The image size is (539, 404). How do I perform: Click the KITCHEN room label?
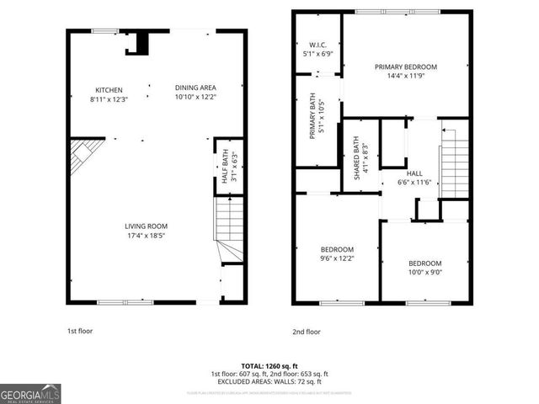[x=109, y=90]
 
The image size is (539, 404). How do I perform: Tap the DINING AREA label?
[x=195, y=88]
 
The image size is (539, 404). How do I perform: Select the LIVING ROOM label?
[x=146, y=226]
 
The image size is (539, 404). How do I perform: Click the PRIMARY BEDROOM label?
[x=406, y=66]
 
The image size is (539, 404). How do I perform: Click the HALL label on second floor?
[x=414, y=173]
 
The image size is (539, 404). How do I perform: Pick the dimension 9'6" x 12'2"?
[x=337, y=258]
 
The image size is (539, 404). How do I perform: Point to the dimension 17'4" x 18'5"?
[x=146, y=236]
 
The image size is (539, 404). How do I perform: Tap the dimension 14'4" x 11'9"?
[x=406, y=77]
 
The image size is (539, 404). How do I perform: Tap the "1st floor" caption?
[x=80, y=332]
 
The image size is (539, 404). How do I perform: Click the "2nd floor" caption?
[x=307, y=332]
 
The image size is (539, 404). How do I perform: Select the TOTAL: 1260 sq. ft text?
[x=269, y=366]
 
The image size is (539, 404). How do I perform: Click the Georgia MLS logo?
[x=29, y=393]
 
